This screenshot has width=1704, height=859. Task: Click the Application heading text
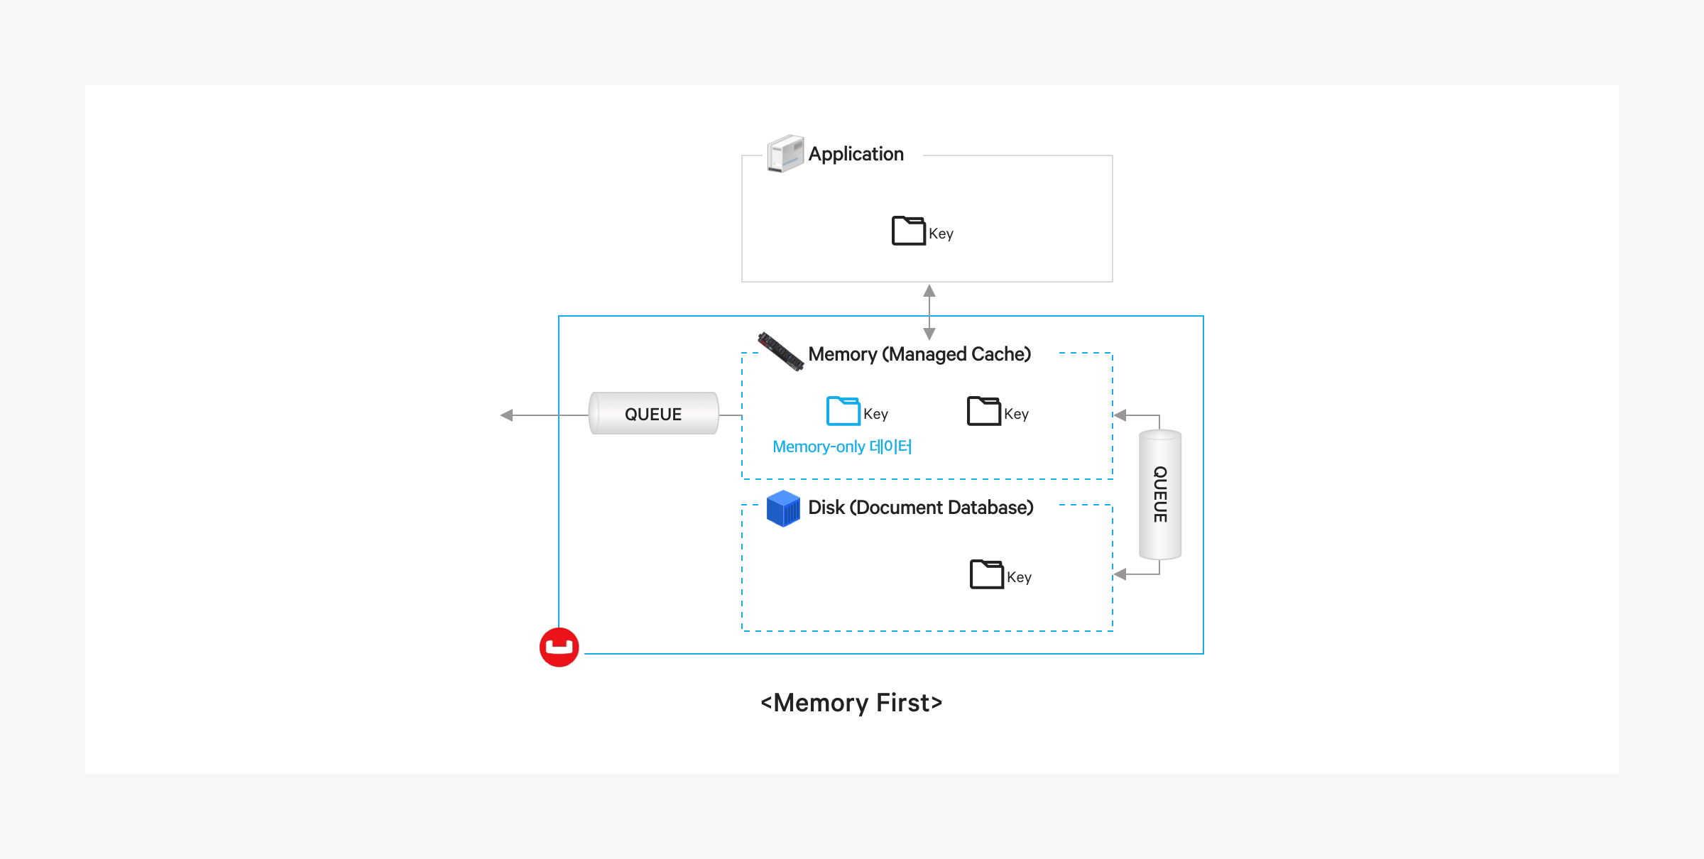click(x=856, y=154)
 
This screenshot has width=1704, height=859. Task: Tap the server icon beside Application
click(x=785, y=153)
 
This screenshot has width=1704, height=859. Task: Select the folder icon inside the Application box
click(x=908, y=231)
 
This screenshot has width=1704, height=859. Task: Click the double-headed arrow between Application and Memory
click(x=929, y=312)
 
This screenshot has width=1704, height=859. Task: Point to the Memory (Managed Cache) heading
click(x=919, y=354)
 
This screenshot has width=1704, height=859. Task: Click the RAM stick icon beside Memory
click(x=780, y=351)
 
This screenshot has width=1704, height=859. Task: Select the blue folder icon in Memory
click(x=843, y=411)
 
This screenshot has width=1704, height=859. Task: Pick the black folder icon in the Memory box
click(x=983, y=411)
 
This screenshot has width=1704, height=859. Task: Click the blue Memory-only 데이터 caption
click(x=842, y=447)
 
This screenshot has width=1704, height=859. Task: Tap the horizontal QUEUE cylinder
click(x=653, y=414)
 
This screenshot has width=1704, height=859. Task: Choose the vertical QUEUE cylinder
click(x=1160, y=495)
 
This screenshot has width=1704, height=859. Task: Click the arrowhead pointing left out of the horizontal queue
click(x=507, y=415)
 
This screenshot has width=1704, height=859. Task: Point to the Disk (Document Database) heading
click(x=920, y=508)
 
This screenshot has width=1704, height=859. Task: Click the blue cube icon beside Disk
click(x=783, y=508)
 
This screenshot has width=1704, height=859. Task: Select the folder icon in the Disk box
click(x=986, y=574)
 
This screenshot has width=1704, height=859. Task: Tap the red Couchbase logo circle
click(x=559, y=647)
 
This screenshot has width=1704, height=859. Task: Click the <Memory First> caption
click(x=851, y=703)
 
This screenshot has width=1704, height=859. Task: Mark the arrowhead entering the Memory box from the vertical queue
click(x=1120, y=415)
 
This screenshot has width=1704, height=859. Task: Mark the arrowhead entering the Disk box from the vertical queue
click(x=1120, y=574)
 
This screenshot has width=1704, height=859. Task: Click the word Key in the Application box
click(x=941, y=234)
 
